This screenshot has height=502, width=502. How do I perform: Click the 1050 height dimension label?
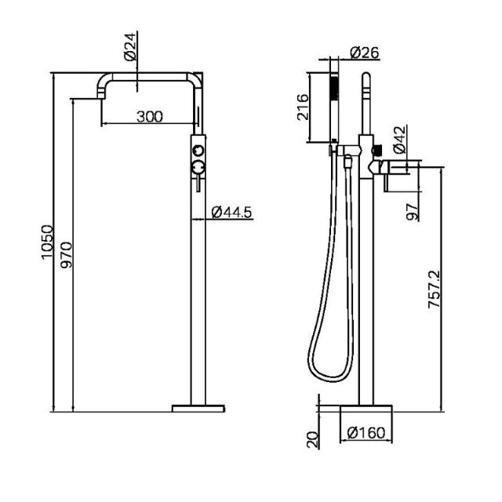47,242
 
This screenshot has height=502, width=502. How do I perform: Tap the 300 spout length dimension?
149,117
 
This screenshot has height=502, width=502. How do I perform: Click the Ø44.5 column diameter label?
231,211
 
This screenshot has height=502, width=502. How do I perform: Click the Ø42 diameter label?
398,139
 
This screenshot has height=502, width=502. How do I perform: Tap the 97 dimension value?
413,209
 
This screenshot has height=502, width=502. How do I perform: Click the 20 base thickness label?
314,439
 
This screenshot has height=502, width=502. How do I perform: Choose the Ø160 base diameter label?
366,432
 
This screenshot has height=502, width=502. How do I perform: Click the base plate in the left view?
198,408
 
